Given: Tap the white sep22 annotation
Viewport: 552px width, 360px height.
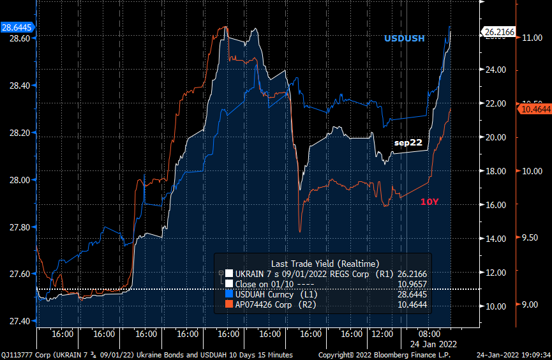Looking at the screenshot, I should pyautogui.click(x=408, y=142).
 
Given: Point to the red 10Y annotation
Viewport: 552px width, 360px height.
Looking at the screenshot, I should pyautogui.click(x=429, y=202).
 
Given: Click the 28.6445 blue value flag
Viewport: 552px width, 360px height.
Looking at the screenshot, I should pyautogui.click(x=17, y=27).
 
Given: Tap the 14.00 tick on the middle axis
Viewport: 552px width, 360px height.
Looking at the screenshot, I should pyautogui.click(x=496, y=239).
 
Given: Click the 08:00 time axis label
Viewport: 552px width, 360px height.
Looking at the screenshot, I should pyautogui.click(x=429, y=333).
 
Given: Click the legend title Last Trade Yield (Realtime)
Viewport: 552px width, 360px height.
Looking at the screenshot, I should pyautogui.click(x=325, y=263).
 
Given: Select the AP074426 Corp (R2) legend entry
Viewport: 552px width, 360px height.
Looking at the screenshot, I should pyautogui.click(x=276, y=305).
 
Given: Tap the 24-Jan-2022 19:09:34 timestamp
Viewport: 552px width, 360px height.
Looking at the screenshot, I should pyautogui.click(x=513, y=354).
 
